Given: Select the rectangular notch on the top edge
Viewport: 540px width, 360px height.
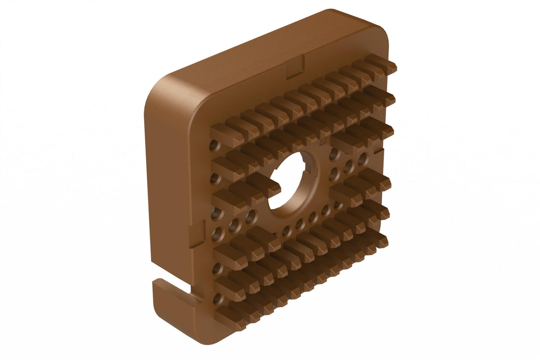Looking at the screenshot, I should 295,67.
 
